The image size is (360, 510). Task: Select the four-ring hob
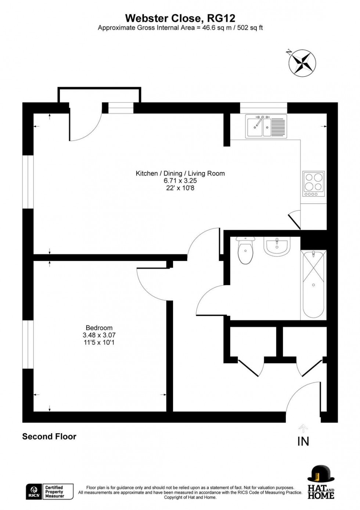[313, 184]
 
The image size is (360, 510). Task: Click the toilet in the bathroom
[245, 250]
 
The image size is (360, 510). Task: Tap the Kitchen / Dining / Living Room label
[180, 173]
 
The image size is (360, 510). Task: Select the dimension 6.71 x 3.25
[180, 181]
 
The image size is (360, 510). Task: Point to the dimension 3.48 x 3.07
[99, 335]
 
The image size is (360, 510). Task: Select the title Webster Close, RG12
[180, 18]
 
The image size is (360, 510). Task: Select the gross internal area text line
[180, 28]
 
